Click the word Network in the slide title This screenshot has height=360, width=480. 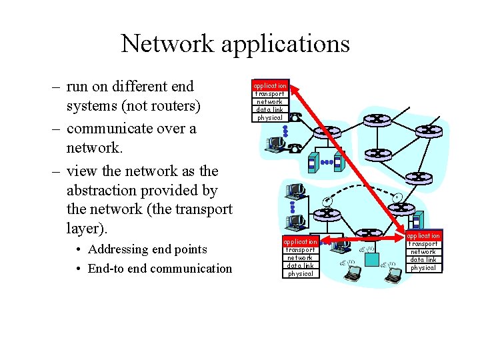click(168, 44)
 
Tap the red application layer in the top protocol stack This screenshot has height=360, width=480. click(270, 86)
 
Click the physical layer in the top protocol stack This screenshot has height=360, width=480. click(270, 118)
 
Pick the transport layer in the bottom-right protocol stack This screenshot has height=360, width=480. click(423, 244)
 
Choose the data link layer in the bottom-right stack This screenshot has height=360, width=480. click(423, 260)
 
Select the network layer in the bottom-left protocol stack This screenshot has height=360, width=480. click(300, 257)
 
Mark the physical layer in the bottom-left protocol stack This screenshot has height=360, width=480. click(300, 273)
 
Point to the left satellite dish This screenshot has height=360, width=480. click(327, 201)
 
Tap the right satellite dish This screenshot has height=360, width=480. click(397, 197)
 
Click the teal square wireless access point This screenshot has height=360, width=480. click(415, 221)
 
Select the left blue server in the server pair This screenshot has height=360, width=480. click(312, 163)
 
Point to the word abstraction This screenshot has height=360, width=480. click(107, 190)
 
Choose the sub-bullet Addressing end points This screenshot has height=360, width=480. click(147, 249)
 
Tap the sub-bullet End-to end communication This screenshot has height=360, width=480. click(160, 269)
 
